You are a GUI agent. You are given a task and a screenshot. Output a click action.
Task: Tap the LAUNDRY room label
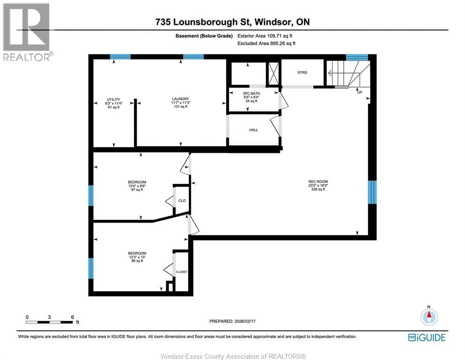[x=180, y=98]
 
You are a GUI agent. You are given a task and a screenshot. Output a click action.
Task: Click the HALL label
[x=253, y=130]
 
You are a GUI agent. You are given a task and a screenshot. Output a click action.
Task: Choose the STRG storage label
[x=302, y=73]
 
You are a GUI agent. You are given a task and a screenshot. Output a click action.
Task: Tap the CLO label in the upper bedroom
[x=182, y=201]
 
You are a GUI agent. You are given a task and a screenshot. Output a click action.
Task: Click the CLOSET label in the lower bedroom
[x=181, y=272]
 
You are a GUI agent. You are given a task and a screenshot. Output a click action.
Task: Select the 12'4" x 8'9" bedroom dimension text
[x=137, y=186]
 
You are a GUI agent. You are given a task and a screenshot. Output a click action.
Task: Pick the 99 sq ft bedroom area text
[x=137, y=261]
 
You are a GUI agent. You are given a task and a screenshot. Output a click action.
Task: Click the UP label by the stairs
[x=360, y=92]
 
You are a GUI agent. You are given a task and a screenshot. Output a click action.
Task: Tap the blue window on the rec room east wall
[x=372, y=192]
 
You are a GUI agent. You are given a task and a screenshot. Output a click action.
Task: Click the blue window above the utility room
[x=120, y=57]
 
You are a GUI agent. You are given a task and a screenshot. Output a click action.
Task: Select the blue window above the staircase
[x=357, y=57]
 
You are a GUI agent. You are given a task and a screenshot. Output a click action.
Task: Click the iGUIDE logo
[x=427, y=337]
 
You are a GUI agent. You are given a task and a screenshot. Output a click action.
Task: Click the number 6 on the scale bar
[x=72, y=317]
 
